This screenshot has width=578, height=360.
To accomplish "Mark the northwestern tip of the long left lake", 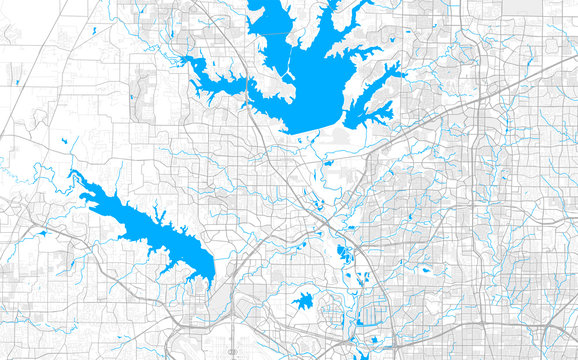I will coord(71,173).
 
